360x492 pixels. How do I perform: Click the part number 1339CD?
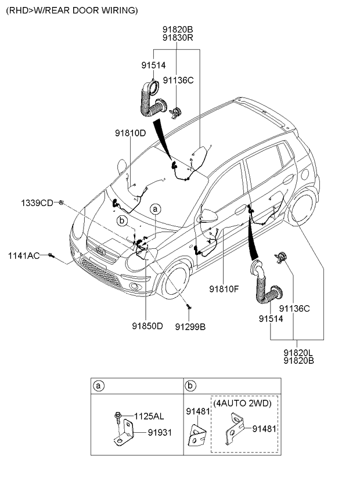(37, 202)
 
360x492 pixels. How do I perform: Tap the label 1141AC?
(24, 255)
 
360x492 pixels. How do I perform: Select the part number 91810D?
(130, 133)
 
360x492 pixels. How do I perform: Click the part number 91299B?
(190, 326)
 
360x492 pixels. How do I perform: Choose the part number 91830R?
(178, 38)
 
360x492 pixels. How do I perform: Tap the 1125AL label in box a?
(149, 416)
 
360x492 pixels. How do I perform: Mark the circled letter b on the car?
(122, 221)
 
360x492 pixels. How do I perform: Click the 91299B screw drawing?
(189, 306)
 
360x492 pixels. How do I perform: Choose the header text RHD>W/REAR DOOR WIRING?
(72, 10)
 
